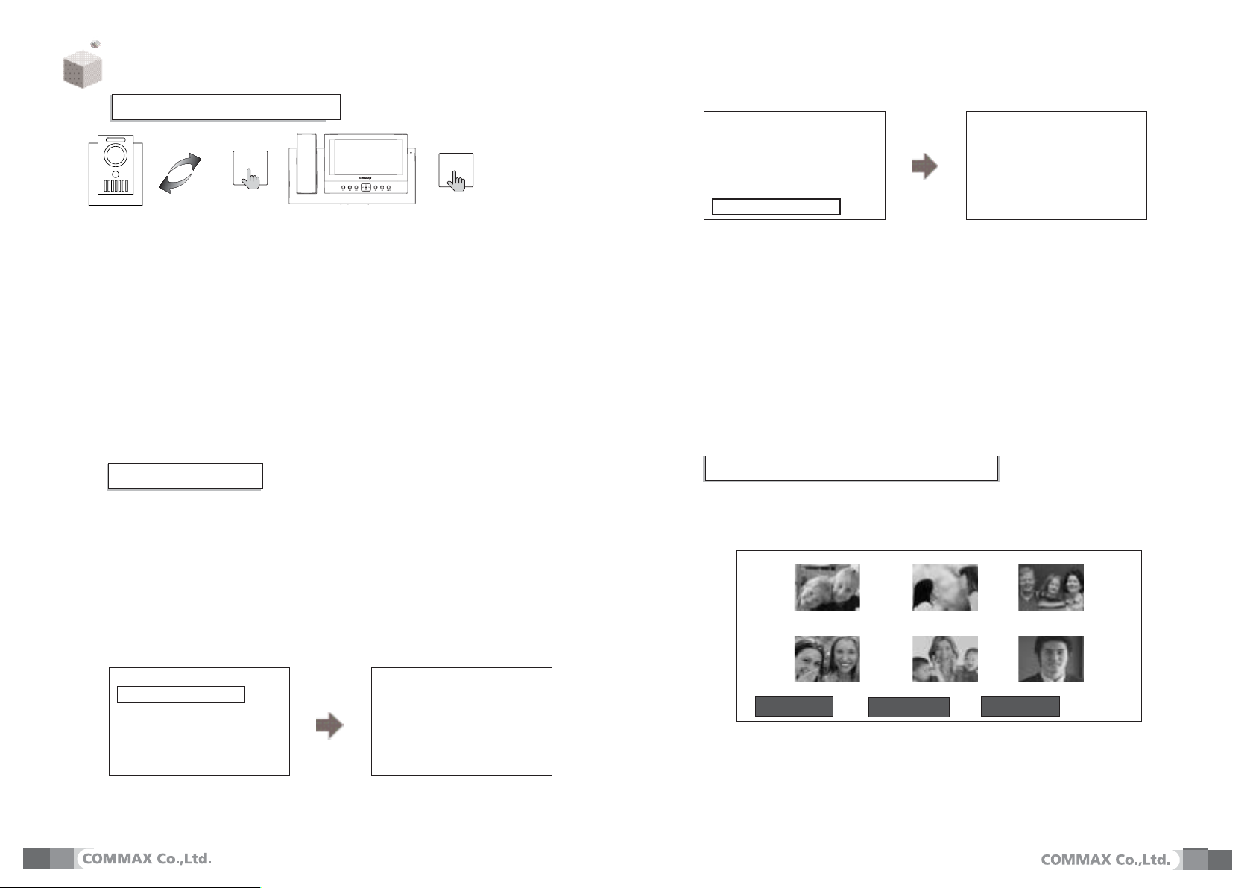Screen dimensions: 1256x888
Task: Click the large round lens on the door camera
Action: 116,154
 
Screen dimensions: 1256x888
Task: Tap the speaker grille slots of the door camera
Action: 116,186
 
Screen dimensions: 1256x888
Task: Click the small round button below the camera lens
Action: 116,174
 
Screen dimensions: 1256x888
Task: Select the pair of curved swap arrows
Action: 180,173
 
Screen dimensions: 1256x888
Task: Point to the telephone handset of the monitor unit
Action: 306,164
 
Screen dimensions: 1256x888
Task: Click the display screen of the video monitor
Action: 365,157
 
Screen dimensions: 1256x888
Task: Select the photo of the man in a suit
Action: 1051,659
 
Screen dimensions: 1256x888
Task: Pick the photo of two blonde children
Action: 827,587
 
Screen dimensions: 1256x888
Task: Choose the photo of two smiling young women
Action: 827,659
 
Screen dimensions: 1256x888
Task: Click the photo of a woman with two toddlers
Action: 945,659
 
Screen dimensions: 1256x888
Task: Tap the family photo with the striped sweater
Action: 1051,587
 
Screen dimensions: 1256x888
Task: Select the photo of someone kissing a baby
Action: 945,587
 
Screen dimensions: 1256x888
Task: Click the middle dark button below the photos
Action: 909,707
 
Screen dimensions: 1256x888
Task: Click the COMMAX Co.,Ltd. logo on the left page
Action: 147,859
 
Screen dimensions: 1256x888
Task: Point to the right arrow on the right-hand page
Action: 925,166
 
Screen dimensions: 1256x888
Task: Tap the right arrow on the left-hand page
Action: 329,725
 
